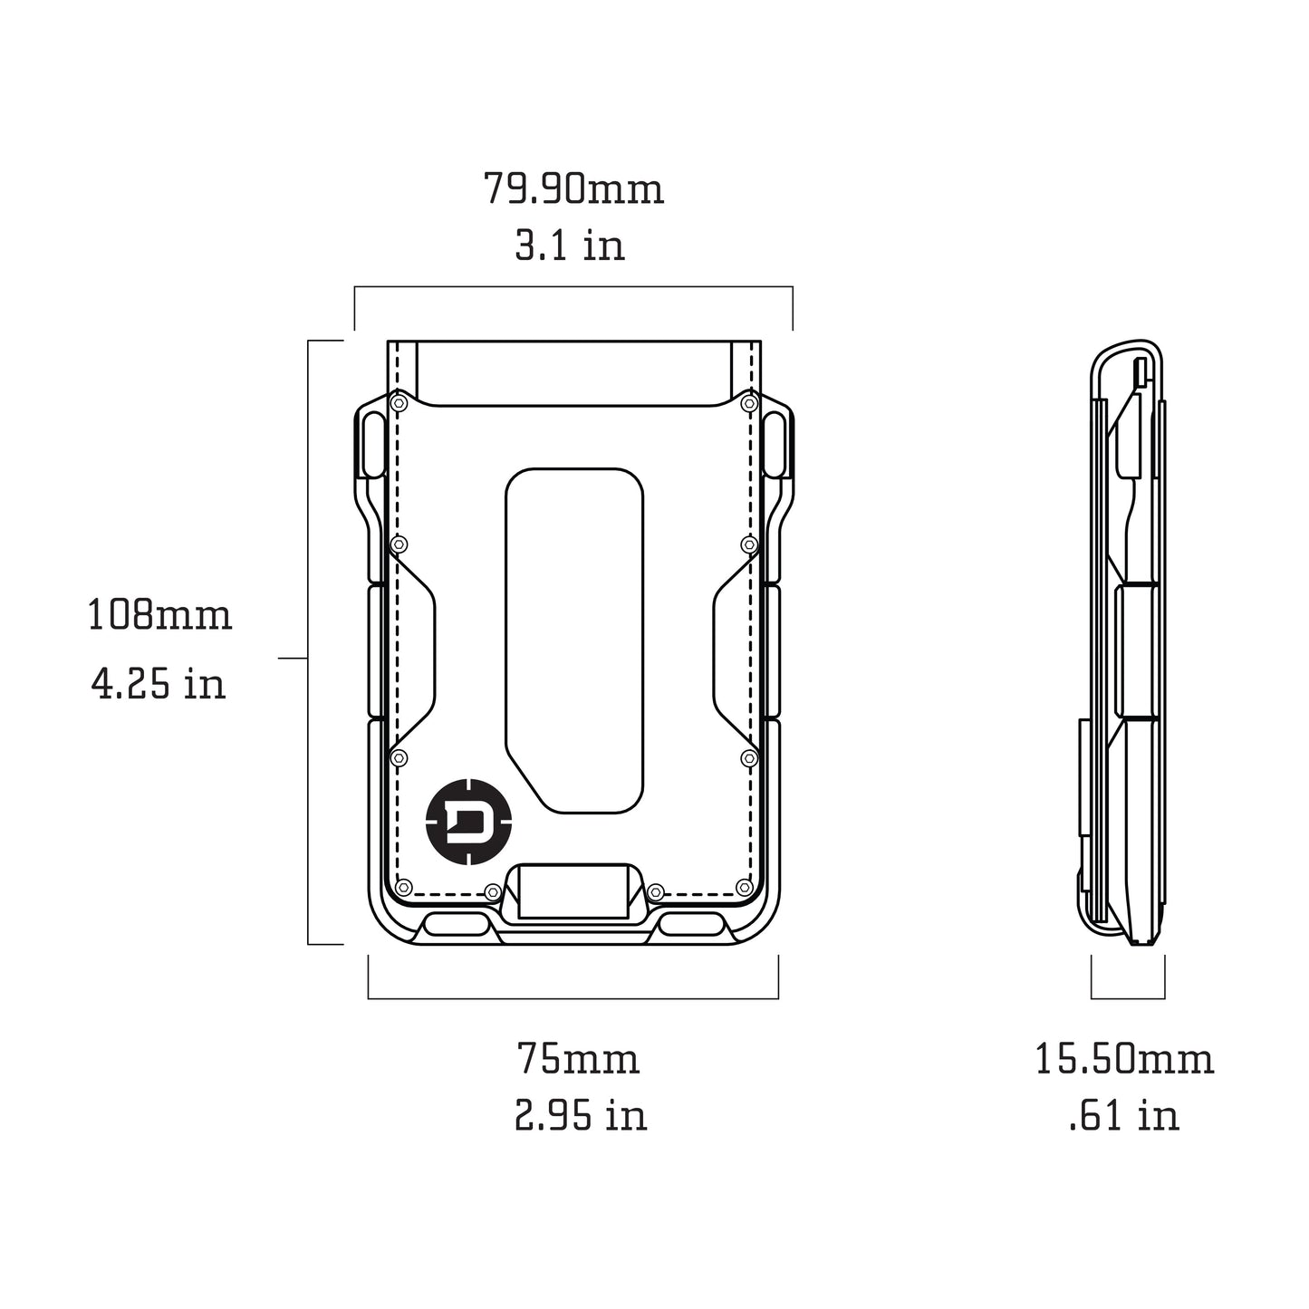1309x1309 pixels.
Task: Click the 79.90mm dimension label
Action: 573,189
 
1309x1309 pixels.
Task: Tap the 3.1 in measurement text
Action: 570,245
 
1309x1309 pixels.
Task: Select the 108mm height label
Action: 159,615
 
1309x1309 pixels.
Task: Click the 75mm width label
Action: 578,1058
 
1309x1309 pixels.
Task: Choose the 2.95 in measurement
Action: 581,1115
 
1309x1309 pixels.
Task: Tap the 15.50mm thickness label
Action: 1124,1058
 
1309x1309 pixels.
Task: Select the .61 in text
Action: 1124,1115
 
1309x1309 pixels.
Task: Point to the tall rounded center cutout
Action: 574,639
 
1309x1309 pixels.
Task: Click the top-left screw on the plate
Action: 398,401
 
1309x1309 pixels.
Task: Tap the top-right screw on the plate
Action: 748,401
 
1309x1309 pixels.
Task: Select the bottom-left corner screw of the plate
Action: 405,886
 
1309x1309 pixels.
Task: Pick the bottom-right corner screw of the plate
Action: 744,886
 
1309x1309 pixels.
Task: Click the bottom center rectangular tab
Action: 573,890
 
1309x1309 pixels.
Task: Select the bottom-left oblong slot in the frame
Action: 455,926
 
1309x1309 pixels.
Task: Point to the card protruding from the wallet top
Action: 574,371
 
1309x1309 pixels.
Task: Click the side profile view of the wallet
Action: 1125,643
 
